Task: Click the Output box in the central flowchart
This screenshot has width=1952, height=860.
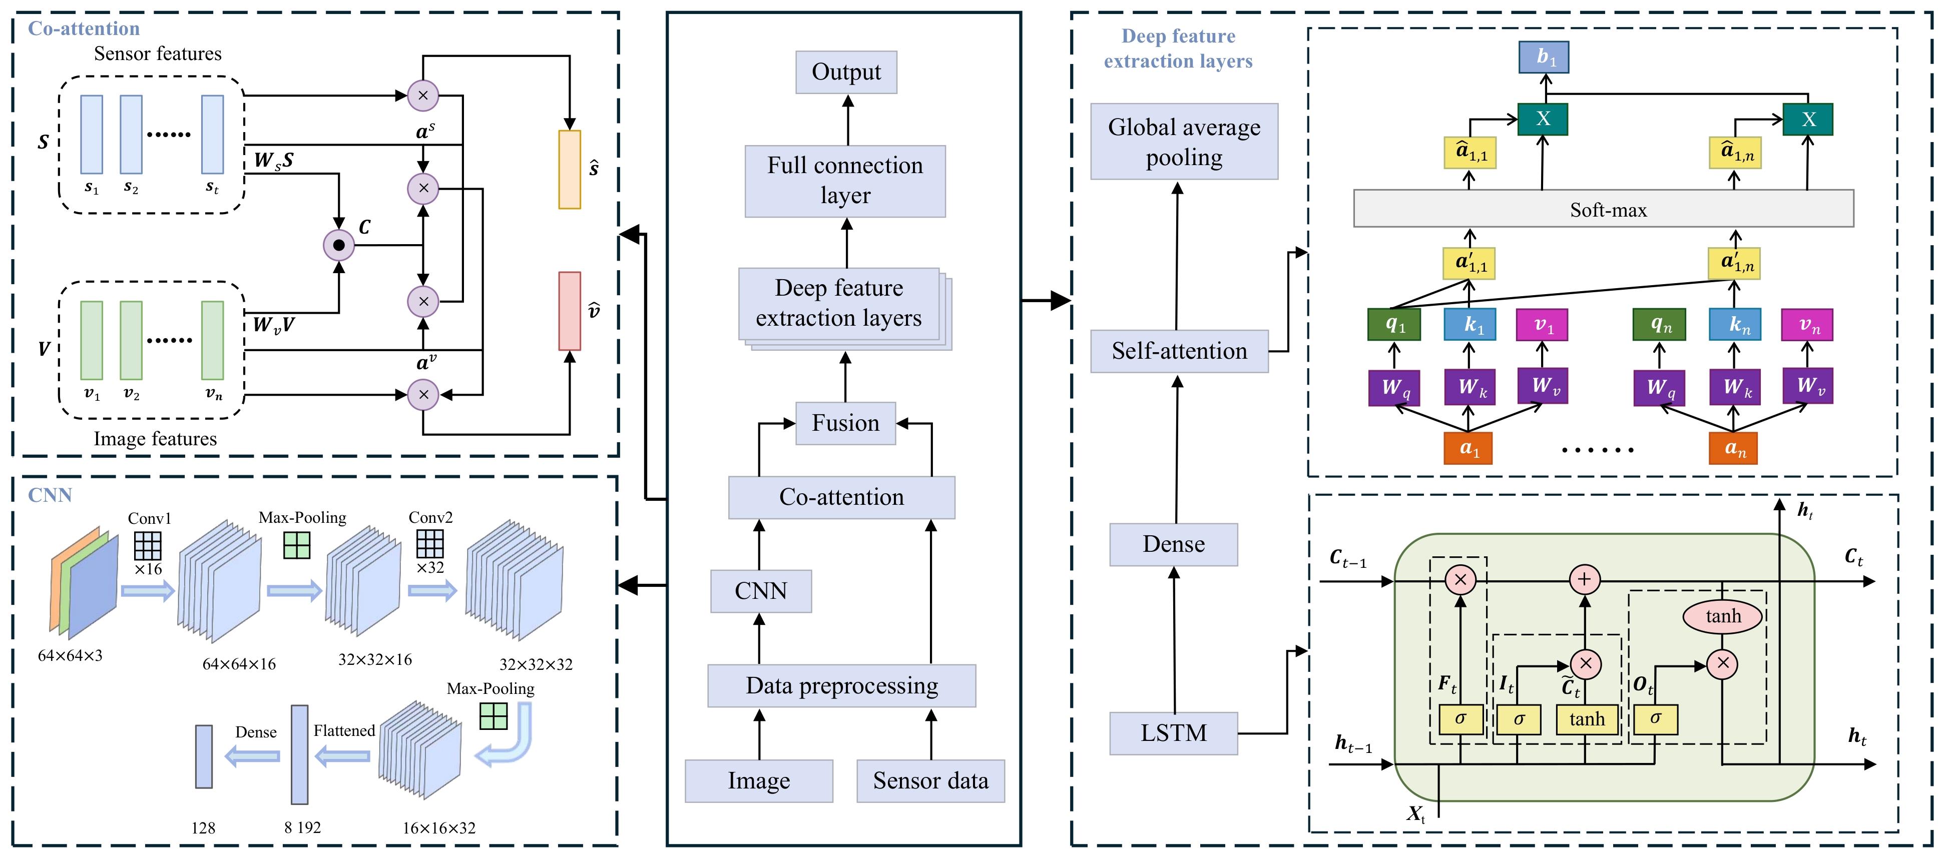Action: [846, 72]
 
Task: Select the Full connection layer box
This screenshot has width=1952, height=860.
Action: [845, 180]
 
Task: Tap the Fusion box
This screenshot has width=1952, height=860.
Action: [846, 423]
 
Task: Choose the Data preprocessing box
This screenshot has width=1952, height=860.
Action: [841, 686]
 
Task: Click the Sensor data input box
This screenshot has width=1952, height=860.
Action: [930, 780]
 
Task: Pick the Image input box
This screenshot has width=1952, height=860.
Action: [758, 780]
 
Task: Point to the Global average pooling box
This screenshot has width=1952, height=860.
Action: [1184, 142]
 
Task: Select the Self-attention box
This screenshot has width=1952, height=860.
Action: [1179, 351]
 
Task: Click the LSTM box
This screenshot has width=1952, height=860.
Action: [1173, 733]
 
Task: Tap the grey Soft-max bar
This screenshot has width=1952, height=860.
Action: [1604, 209]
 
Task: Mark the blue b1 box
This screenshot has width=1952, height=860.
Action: [1544, 58]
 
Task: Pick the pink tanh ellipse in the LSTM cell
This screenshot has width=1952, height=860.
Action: [1722, 616]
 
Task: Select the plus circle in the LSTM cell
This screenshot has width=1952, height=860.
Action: [1584, 580]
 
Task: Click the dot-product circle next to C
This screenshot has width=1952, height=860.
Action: [339, 245]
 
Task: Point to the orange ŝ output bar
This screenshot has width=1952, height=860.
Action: [569, 169]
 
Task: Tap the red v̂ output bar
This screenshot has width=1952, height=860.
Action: [569, 311]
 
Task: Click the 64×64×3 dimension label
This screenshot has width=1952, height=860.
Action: [70, 655]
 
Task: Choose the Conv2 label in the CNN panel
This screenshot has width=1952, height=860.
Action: [430, 517]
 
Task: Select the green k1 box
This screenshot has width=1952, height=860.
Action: [1469, 324]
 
